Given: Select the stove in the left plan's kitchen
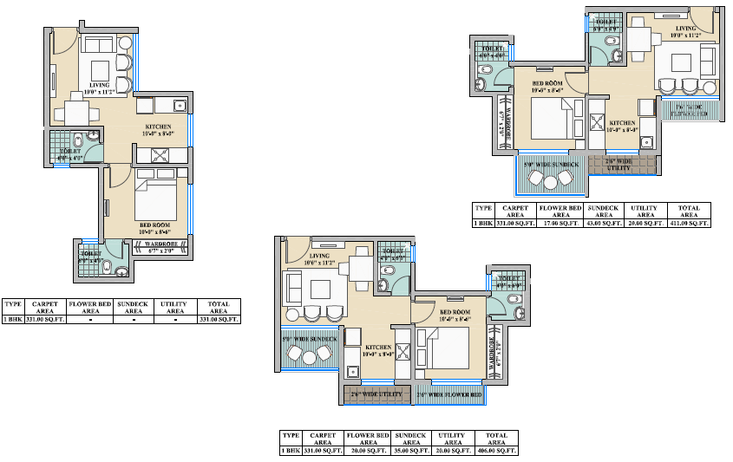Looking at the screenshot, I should [x=162, y=156].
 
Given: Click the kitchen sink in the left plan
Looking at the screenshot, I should [x=180, y=106].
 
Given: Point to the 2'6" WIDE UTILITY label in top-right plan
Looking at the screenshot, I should [x=619, y=162].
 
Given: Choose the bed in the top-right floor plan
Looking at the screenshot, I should [x=556, y=117].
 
